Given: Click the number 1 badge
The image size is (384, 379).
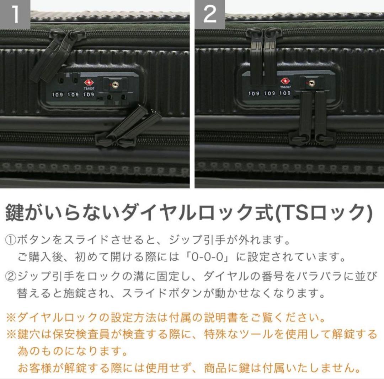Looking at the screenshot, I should (15, 14).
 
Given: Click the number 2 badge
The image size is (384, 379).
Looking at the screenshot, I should (210, 14).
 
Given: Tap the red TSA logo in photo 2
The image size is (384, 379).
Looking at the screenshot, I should (285, 81).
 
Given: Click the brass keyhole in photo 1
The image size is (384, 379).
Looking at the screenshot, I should (114, 85).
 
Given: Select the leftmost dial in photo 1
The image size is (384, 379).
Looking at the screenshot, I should (58, 94).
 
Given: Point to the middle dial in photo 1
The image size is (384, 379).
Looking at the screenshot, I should (73, 94).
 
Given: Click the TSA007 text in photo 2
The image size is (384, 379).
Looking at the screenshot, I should (286, 87).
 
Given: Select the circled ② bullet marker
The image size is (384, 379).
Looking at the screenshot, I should (10, 276).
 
